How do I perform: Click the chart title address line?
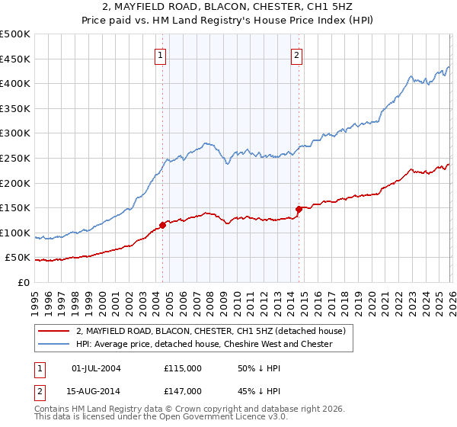(228, 8)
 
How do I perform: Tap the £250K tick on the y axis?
(15, 158)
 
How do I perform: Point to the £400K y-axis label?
(15, 84)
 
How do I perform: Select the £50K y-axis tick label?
(18, 258)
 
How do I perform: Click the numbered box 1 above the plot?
(161, 54)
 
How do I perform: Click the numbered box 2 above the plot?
(296, 54)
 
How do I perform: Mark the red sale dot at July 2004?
(162, 225)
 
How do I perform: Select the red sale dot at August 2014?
(299, 209)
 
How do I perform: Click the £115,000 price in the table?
(182, 368)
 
